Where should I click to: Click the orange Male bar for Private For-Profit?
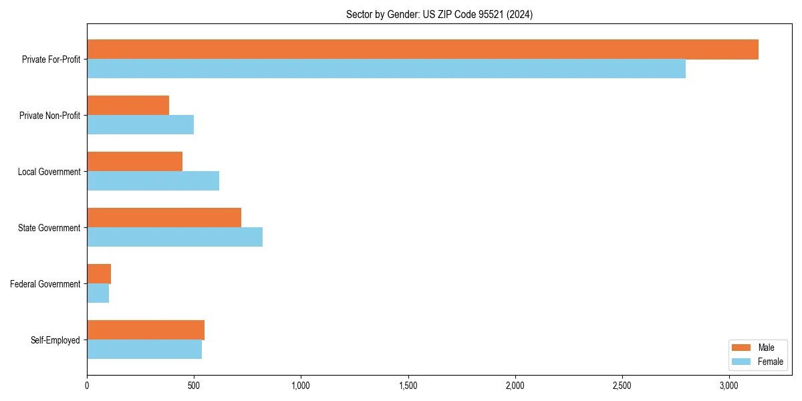(x=422, y=49)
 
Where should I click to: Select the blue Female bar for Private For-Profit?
(x=386, y=69)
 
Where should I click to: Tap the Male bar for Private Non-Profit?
(x=128, y=106)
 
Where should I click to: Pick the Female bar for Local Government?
(x=153, y=181)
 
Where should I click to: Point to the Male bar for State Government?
(x=164, y=218)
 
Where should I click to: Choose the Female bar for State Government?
(x=174, y=237)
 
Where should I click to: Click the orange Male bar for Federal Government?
(x=99, y=274)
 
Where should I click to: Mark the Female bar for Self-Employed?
(x=144, y=350)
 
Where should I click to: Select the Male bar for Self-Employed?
(x=146, y=330)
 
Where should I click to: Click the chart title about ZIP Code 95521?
(x=439, y=14)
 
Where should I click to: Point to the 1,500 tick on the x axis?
(x=408, y=386)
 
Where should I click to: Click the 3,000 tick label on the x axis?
(x=729, y=386)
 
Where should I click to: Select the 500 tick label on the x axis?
(x=194, y=386)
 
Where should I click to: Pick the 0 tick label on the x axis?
(x=87, y=386)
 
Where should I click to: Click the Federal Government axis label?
(x=45, y=284)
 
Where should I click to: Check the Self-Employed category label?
(x=55, y=340)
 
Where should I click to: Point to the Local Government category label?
(x=49, y=172)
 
